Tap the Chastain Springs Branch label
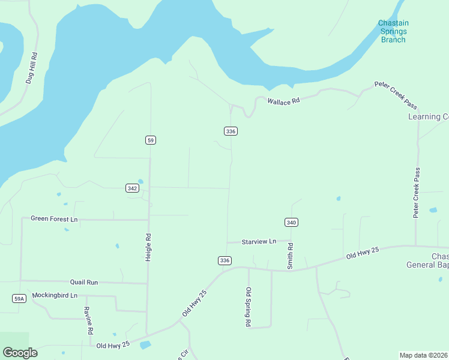pyautogui.click(x=393, y=32)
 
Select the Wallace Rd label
pyautogui.click(x=283, y=101)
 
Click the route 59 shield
pyautogui.click(x=150, y=140)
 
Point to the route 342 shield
pyautogui.click(x=133, y=188)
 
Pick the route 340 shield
pyautogui.click(x=291, y=223)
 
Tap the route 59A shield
pyautogui.click(x=19, y=298)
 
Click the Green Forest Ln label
pyautogui.click(x=54, y=219)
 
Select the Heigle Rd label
pyautogui.click(x=148, y=247)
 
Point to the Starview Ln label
pyautogui.click(x=259, y=241)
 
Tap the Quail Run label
pyautogui.click(x=83, y=281)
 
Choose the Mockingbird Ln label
pyautogui.click(x=55, y=295)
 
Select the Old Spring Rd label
pyautogui.click(x=248, y=307)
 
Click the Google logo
pyautogui.click(x=20, y=353)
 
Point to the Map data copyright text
pyautogui.click(x=424, y=355)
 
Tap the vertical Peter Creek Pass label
pyautogui.click(x=416, y=193)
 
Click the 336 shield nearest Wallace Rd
pyautogui.click(x=231, y=131)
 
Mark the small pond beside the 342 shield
pyautogui.click(x=140, y=181)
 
